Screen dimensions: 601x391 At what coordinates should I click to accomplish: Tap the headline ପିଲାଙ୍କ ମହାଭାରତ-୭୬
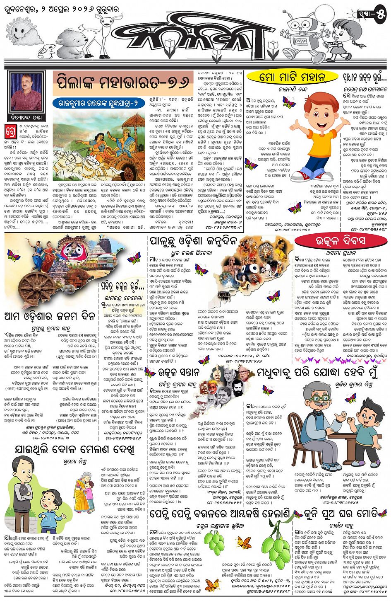click(123, 82)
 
